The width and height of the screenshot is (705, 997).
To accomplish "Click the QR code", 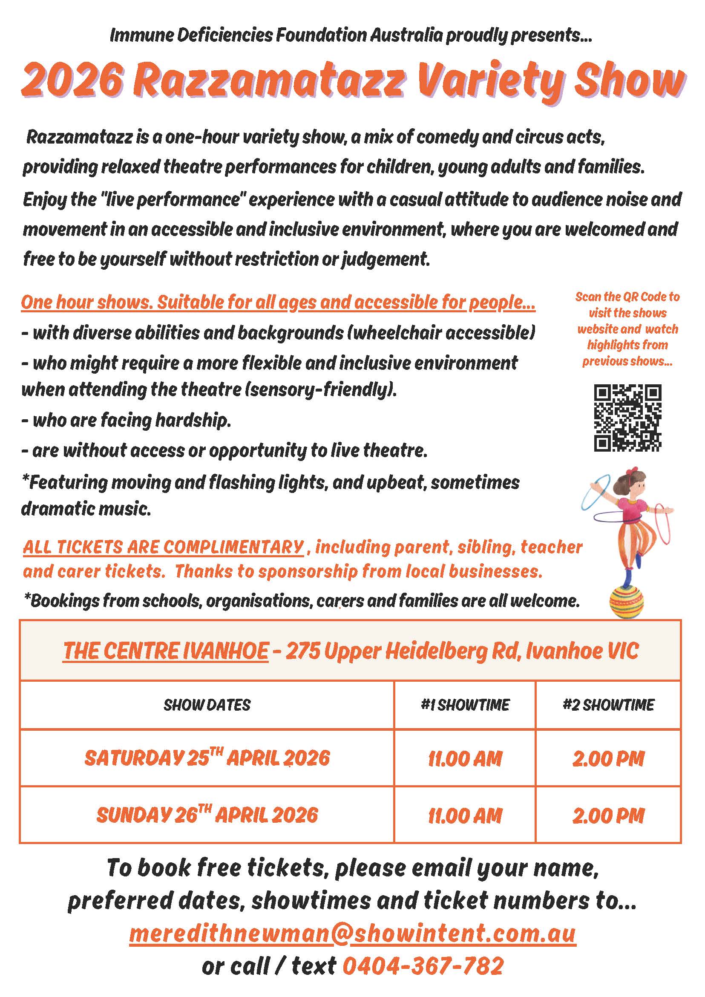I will coord(627,418).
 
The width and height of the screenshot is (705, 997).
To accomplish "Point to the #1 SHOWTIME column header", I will coord(465,705).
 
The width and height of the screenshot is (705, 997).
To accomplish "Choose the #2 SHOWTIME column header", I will coord(608,705).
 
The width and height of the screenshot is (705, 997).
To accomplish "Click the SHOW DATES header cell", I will coord(207,705).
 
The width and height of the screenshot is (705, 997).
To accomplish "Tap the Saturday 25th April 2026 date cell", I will coord(207,758).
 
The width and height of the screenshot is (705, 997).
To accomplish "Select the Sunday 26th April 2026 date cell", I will coord(207,815).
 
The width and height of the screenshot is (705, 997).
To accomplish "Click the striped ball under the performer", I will coord(627,601).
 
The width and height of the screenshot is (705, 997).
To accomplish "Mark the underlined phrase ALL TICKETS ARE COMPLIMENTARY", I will coord(163,547).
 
